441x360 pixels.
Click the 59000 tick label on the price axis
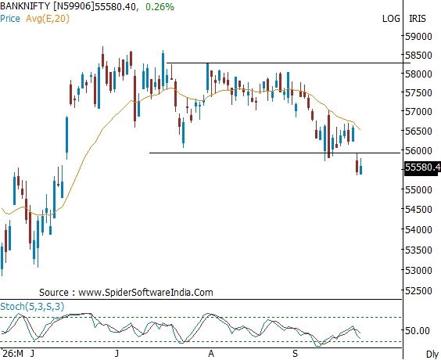pos(418,36)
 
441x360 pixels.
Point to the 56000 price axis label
pos(418,150)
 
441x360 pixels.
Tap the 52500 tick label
pos(418,290)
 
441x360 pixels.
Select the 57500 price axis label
pos(418,93)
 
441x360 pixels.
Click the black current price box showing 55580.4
pos(422,167)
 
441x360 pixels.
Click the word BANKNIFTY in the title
pos(25,6)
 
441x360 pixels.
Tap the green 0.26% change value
pos(160,7)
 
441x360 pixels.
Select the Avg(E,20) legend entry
pos(48,19)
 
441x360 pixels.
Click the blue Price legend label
pos(10,19)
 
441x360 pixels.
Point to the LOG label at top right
pos(391,19)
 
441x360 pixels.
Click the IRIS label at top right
pos(418,19)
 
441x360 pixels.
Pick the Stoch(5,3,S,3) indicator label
pos(32,306)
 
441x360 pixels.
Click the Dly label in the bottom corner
pos(432,355)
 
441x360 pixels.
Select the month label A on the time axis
pos(211,354)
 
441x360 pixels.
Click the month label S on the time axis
pos(295,354)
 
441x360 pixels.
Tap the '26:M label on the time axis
pos(13,354)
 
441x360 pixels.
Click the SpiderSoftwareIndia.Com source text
pos(145,293)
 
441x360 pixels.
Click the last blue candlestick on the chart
pos(360,167)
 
